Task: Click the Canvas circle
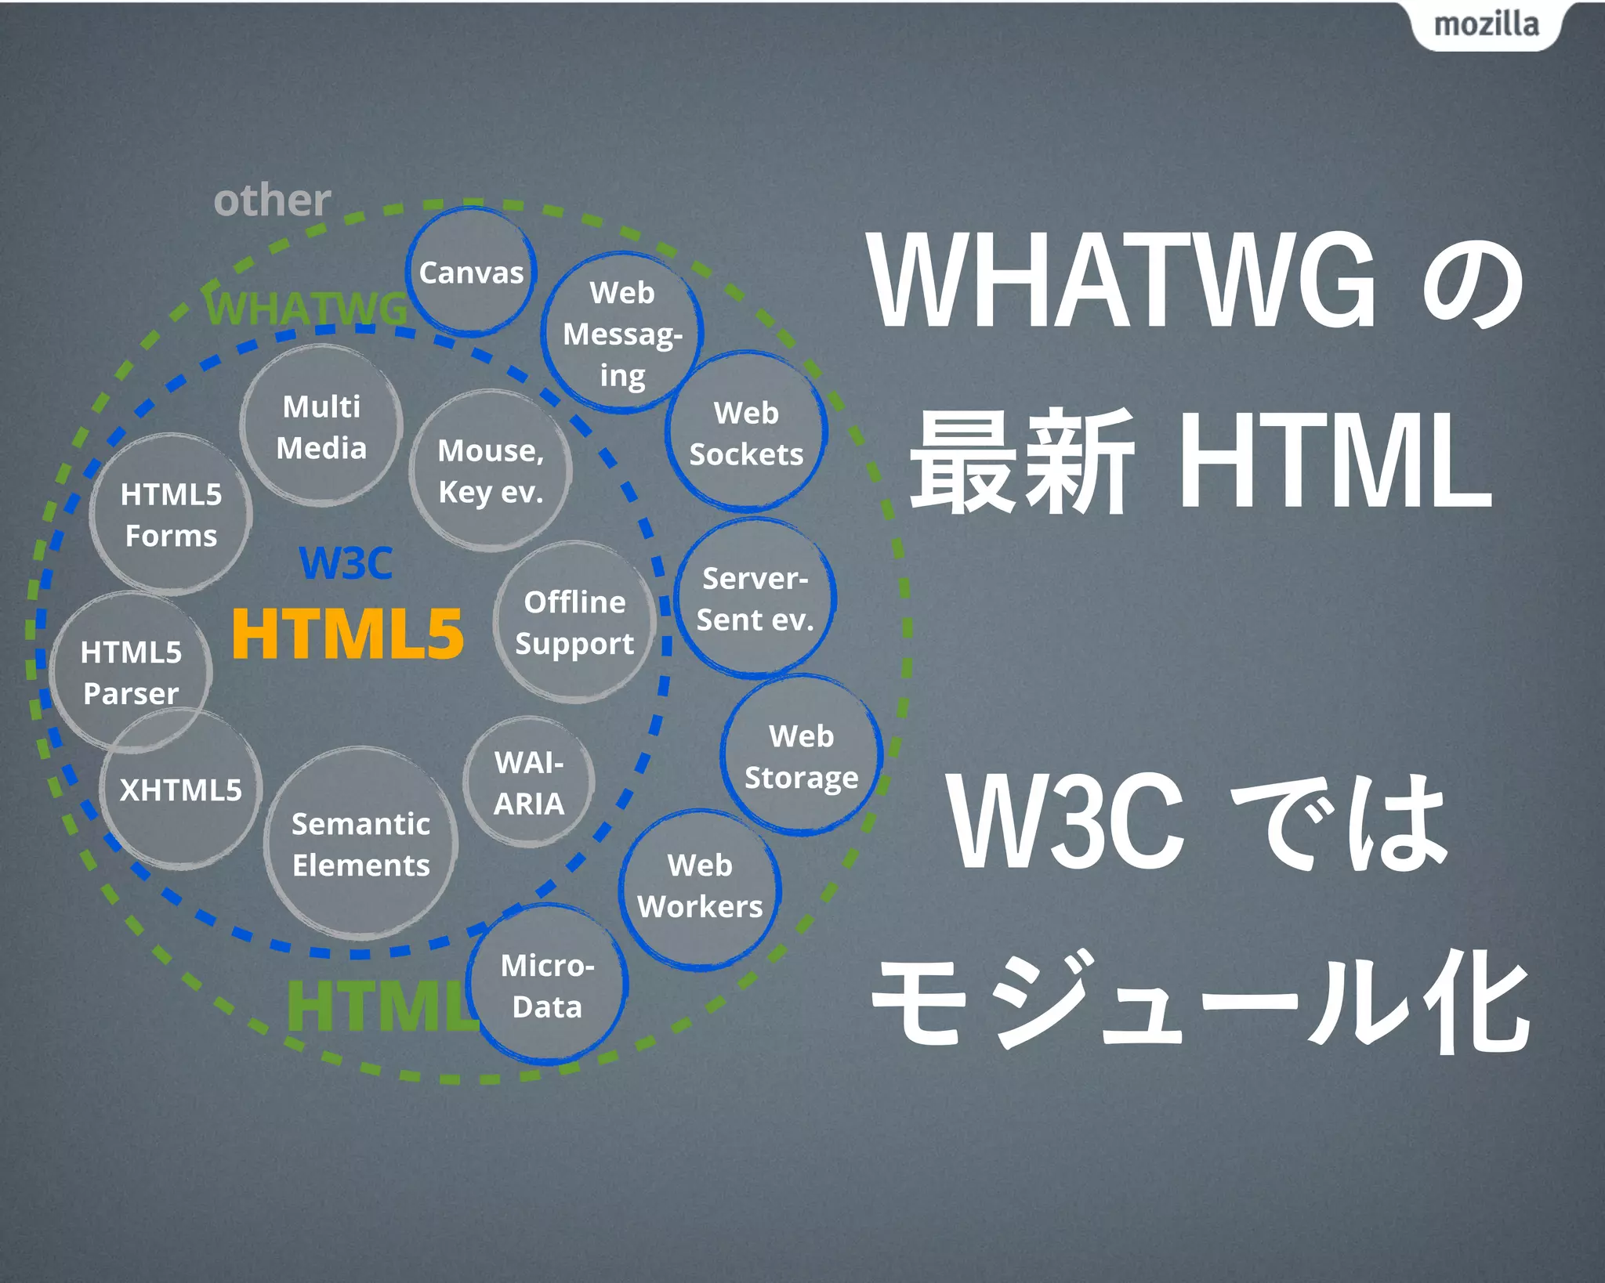[471, 272]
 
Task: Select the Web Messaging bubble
[622, 333]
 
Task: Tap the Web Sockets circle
[746, 432]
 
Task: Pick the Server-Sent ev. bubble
[755, 598]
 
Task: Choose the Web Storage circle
[802, 756]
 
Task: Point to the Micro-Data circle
[548, 985]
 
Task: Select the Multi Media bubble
[321, 426]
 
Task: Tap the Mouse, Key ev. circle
[491, 471]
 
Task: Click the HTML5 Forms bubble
[171, 515]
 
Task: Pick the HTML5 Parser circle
[131, 672]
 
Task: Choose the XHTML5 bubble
[180, 790]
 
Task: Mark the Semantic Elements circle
[360, 844]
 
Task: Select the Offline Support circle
[574, 622]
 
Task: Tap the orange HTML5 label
[348, 634]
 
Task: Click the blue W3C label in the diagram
[346, 562]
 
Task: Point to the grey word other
[272, 201]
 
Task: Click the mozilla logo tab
[1486, 25]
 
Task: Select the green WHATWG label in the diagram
[306, 308]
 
